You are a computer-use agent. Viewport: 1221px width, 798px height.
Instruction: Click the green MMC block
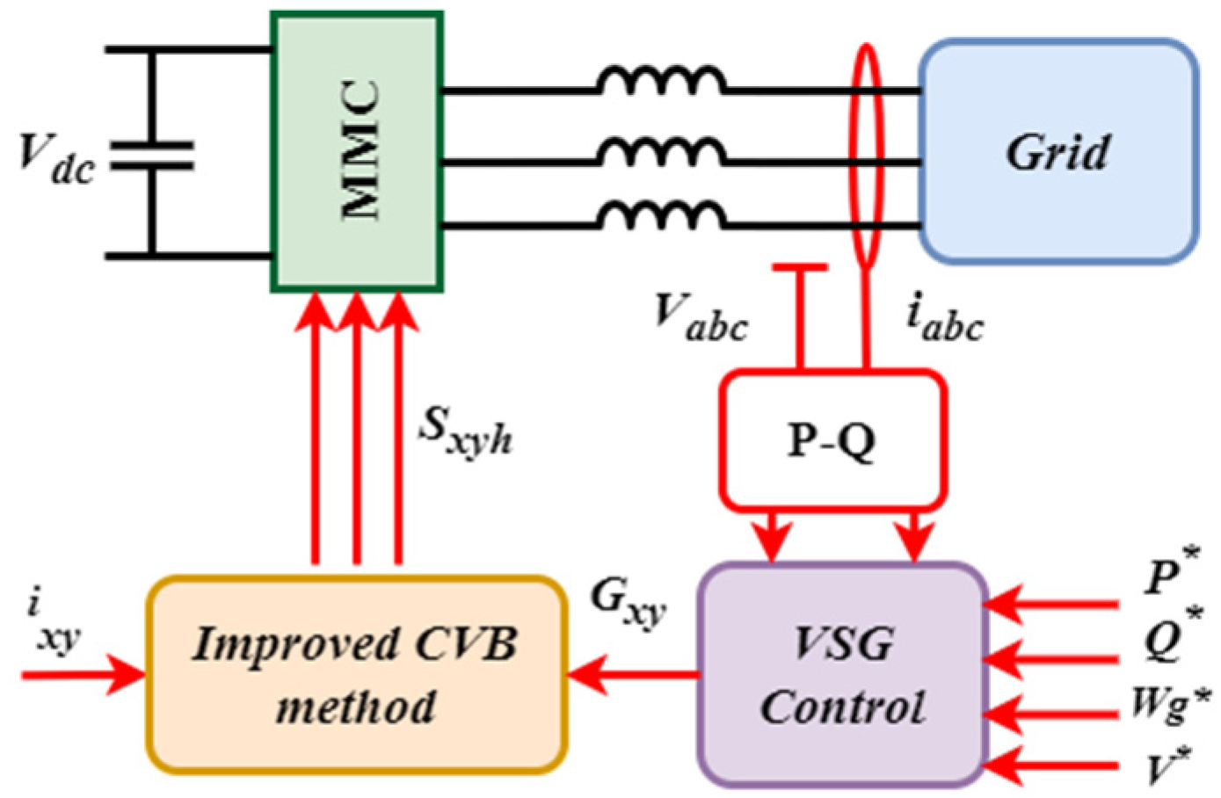(x=356, y=151)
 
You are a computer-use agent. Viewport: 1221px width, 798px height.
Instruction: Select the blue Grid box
(x=1058, y=151)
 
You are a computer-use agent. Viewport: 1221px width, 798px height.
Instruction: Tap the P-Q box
(x=832, y=440)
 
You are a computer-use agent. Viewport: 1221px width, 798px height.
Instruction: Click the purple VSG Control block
(x=843, y=675)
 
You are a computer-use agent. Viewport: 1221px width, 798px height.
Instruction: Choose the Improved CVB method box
(x=356, y=675)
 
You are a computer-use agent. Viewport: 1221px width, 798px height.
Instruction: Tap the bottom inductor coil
(x=661, y=216)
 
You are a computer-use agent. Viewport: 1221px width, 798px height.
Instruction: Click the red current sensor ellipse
(x=866, y=155)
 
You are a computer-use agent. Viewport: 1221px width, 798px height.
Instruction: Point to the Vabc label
(x=701, y=318)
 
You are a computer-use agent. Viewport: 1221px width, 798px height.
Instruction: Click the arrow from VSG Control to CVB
(x=633, y=675)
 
